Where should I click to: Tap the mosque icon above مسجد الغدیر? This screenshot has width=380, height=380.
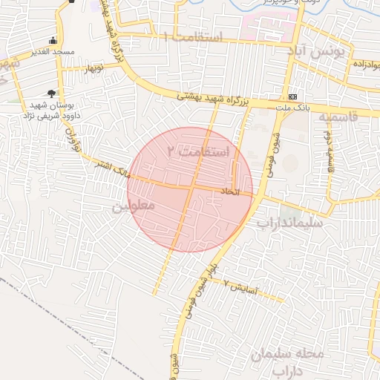(x=52, y=40)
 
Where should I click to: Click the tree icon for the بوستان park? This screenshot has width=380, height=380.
(x=50, y=94)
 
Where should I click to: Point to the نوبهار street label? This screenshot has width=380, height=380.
(x=93, y=68)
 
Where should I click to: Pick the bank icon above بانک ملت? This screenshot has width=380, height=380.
(x=293, y=96)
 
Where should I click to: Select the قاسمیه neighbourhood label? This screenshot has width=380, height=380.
(x=338, y=117)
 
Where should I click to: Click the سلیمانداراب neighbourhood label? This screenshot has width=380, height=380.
(x=290, y=221)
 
